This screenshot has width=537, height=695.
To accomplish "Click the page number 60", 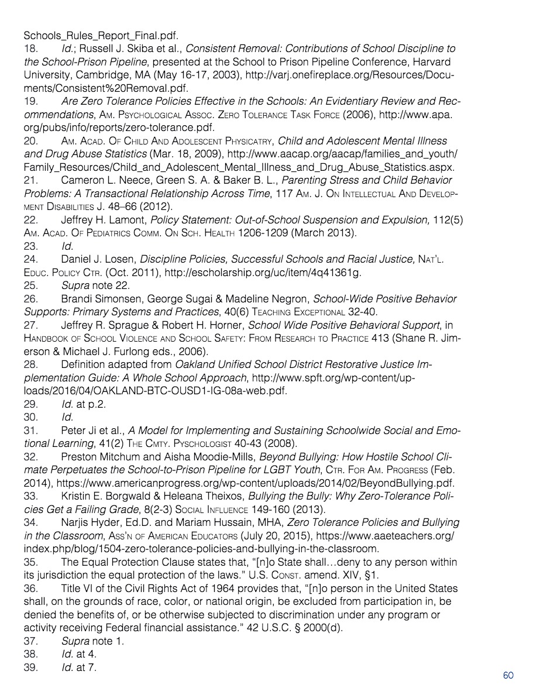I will point(508,676).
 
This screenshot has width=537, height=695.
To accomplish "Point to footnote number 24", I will point(30,259).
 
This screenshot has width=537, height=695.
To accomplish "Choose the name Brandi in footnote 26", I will point(78,299).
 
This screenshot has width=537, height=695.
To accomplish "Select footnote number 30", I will point(30,418).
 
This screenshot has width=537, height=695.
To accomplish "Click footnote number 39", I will point(30,667).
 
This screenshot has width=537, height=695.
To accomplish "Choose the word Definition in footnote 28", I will point(83,365).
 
